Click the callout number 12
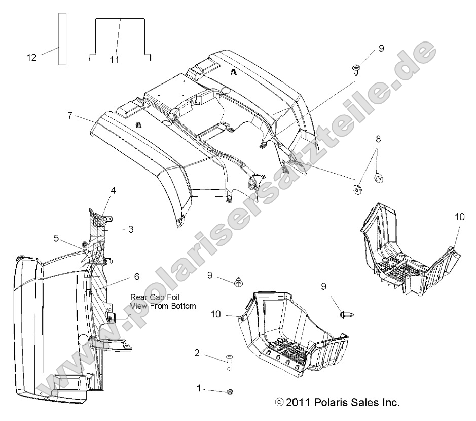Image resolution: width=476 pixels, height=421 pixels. [31, 58]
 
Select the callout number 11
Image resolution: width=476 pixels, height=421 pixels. [114, 60]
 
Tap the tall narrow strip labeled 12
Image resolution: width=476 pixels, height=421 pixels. [62, 39]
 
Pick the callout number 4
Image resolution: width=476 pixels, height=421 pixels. [114, 190]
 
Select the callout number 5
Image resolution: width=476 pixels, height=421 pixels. [57, 237]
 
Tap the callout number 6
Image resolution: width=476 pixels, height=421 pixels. [136, 277]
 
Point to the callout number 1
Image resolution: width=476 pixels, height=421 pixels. [199, 388]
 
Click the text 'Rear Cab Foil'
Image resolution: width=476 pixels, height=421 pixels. [155, 297]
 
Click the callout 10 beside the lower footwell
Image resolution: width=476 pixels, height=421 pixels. [216, 314]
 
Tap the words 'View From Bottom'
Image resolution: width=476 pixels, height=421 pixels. [162, 306]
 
